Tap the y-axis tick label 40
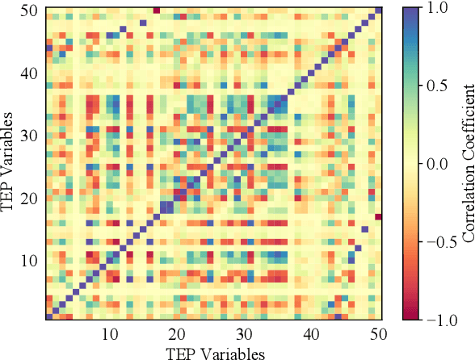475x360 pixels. coord(28,73)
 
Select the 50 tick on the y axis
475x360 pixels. coord(28,10)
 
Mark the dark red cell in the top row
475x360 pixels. coord(156,10)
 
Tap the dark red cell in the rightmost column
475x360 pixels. coord(378,217)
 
